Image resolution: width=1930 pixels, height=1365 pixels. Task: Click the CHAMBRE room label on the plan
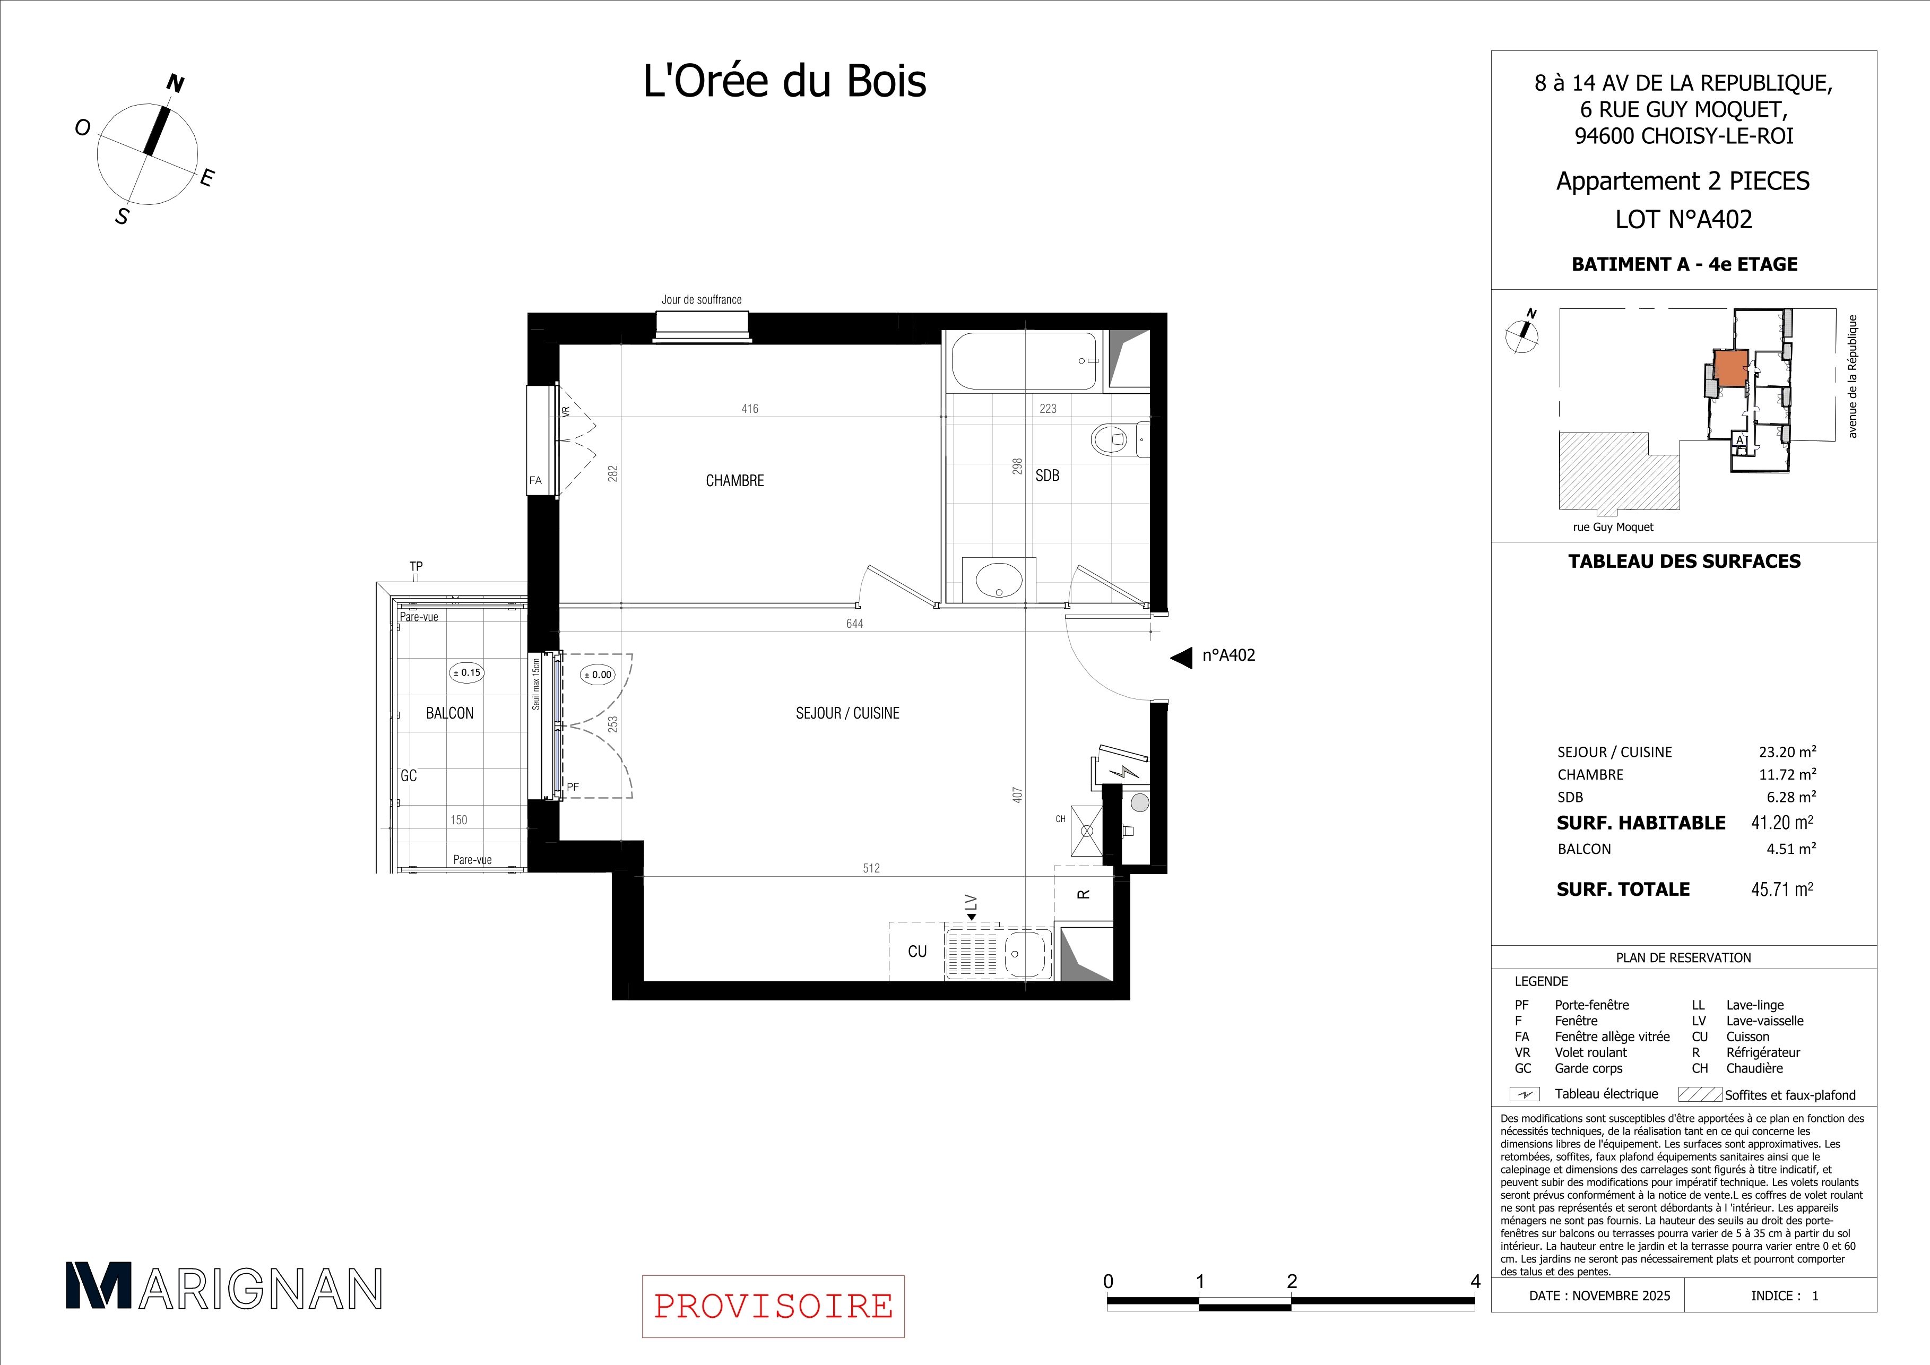click(734, 481)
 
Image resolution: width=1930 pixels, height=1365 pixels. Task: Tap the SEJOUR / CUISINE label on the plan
click(847, 713)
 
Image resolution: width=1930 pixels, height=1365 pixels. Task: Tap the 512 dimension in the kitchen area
click(871, 868)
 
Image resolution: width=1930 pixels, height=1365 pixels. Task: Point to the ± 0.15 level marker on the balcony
click(466, 672)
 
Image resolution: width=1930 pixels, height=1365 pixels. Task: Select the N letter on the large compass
click(176, 83)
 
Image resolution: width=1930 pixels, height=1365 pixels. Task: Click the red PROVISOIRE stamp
click(773, 1306)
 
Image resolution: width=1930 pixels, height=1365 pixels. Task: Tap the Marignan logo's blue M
click(99, 1285)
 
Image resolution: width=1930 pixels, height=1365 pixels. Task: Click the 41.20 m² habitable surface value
click(1782, 822)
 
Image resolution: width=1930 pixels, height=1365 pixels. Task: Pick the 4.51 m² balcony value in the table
click(1791, 849)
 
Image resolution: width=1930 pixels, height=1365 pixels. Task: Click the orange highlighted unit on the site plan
click(1731, 367)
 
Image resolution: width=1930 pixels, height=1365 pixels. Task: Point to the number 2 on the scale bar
click(1292, 1282)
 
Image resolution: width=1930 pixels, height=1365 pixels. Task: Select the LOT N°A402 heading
click(1684, 219)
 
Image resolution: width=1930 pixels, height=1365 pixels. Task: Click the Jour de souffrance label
click(701, 299)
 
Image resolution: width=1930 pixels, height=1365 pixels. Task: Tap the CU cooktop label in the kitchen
click(917, 952)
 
